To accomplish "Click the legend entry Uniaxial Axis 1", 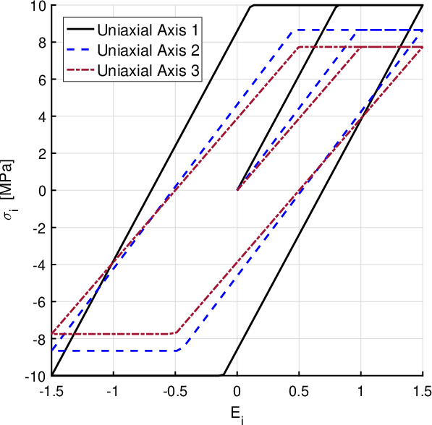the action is click(148, 30).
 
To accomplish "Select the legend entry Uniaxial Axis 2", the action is click(148, 50).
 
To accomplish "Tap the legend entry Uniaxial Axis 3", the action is click(148, 70).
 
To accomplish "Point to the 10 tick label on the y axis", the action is click(39, 6).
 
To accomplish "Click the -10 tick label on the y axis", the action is click(35, 376).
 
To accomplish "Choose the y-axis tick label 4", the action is click(43, 116).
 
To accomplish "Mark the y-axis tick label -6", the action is click(39, 301).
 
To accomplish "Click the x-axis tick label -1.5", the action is click(51, 392).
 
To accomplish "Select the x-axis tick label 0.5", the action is click(299, 392).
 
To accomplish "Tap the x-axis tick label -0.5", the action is click(175, 392).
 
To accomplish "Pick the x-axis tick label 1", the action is click(360, 392).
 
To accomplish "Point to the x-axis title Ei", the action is click(237, 415).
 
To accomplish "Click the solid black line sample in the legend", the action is click(80, 29).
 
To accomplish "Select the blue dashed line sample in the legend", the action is click(80, 50).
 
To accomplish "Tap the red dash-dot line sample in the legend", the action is click(80, 70).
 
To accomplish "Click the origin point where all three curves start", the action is click(237, 190).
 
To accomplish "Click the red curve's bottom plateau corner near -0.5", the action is click(177, 333).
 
